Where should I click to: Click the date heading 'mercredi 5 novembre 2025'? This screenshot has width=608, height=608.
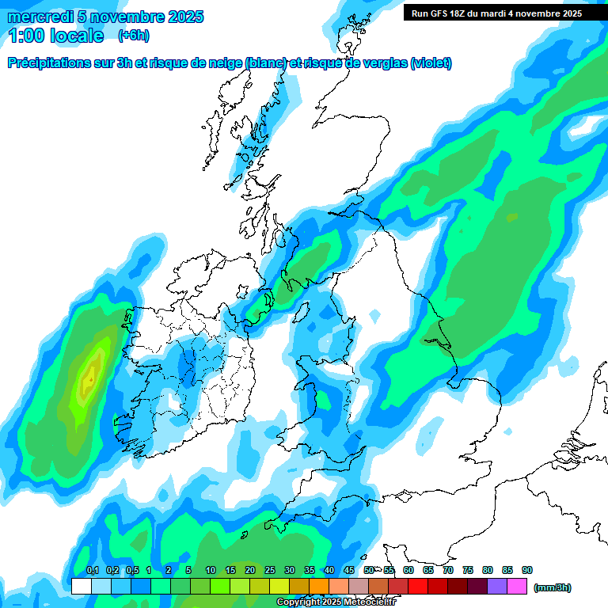[x=105, y=17]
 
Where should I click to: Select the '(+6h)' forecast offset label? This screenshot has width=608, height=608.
[x=133, y=36]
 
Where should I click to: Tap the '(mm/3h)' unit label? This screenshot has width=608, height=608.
[x=553, y=587]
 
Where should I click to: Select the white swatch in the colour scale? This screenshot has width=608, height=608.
[x=81, y=587]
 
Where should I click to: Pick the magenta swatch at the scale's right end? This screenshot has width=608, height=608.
[x=518, y=587]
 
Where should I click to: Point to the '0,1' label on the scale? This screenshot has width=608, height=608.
[x=92, y=571]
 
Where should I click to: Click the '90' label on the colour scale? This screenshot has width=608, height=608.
[x=527, y=571]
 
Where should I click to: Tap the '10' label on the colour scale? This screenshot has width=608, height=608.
[x=211, y=571]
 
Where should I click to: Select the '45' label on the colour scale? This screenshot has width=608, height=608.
[x=349, y=571]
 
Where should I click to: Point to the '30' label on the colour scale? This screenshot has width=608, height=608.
[x=290, y=571]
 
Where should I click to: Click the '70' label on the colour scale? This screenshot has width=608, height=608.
[x=448, y=571]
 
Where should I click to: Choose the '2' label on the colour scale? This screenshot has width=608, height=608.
[x=169, y=571]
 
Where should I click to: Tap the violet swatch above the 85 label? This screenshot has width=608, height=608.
[x=498, y=587]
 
